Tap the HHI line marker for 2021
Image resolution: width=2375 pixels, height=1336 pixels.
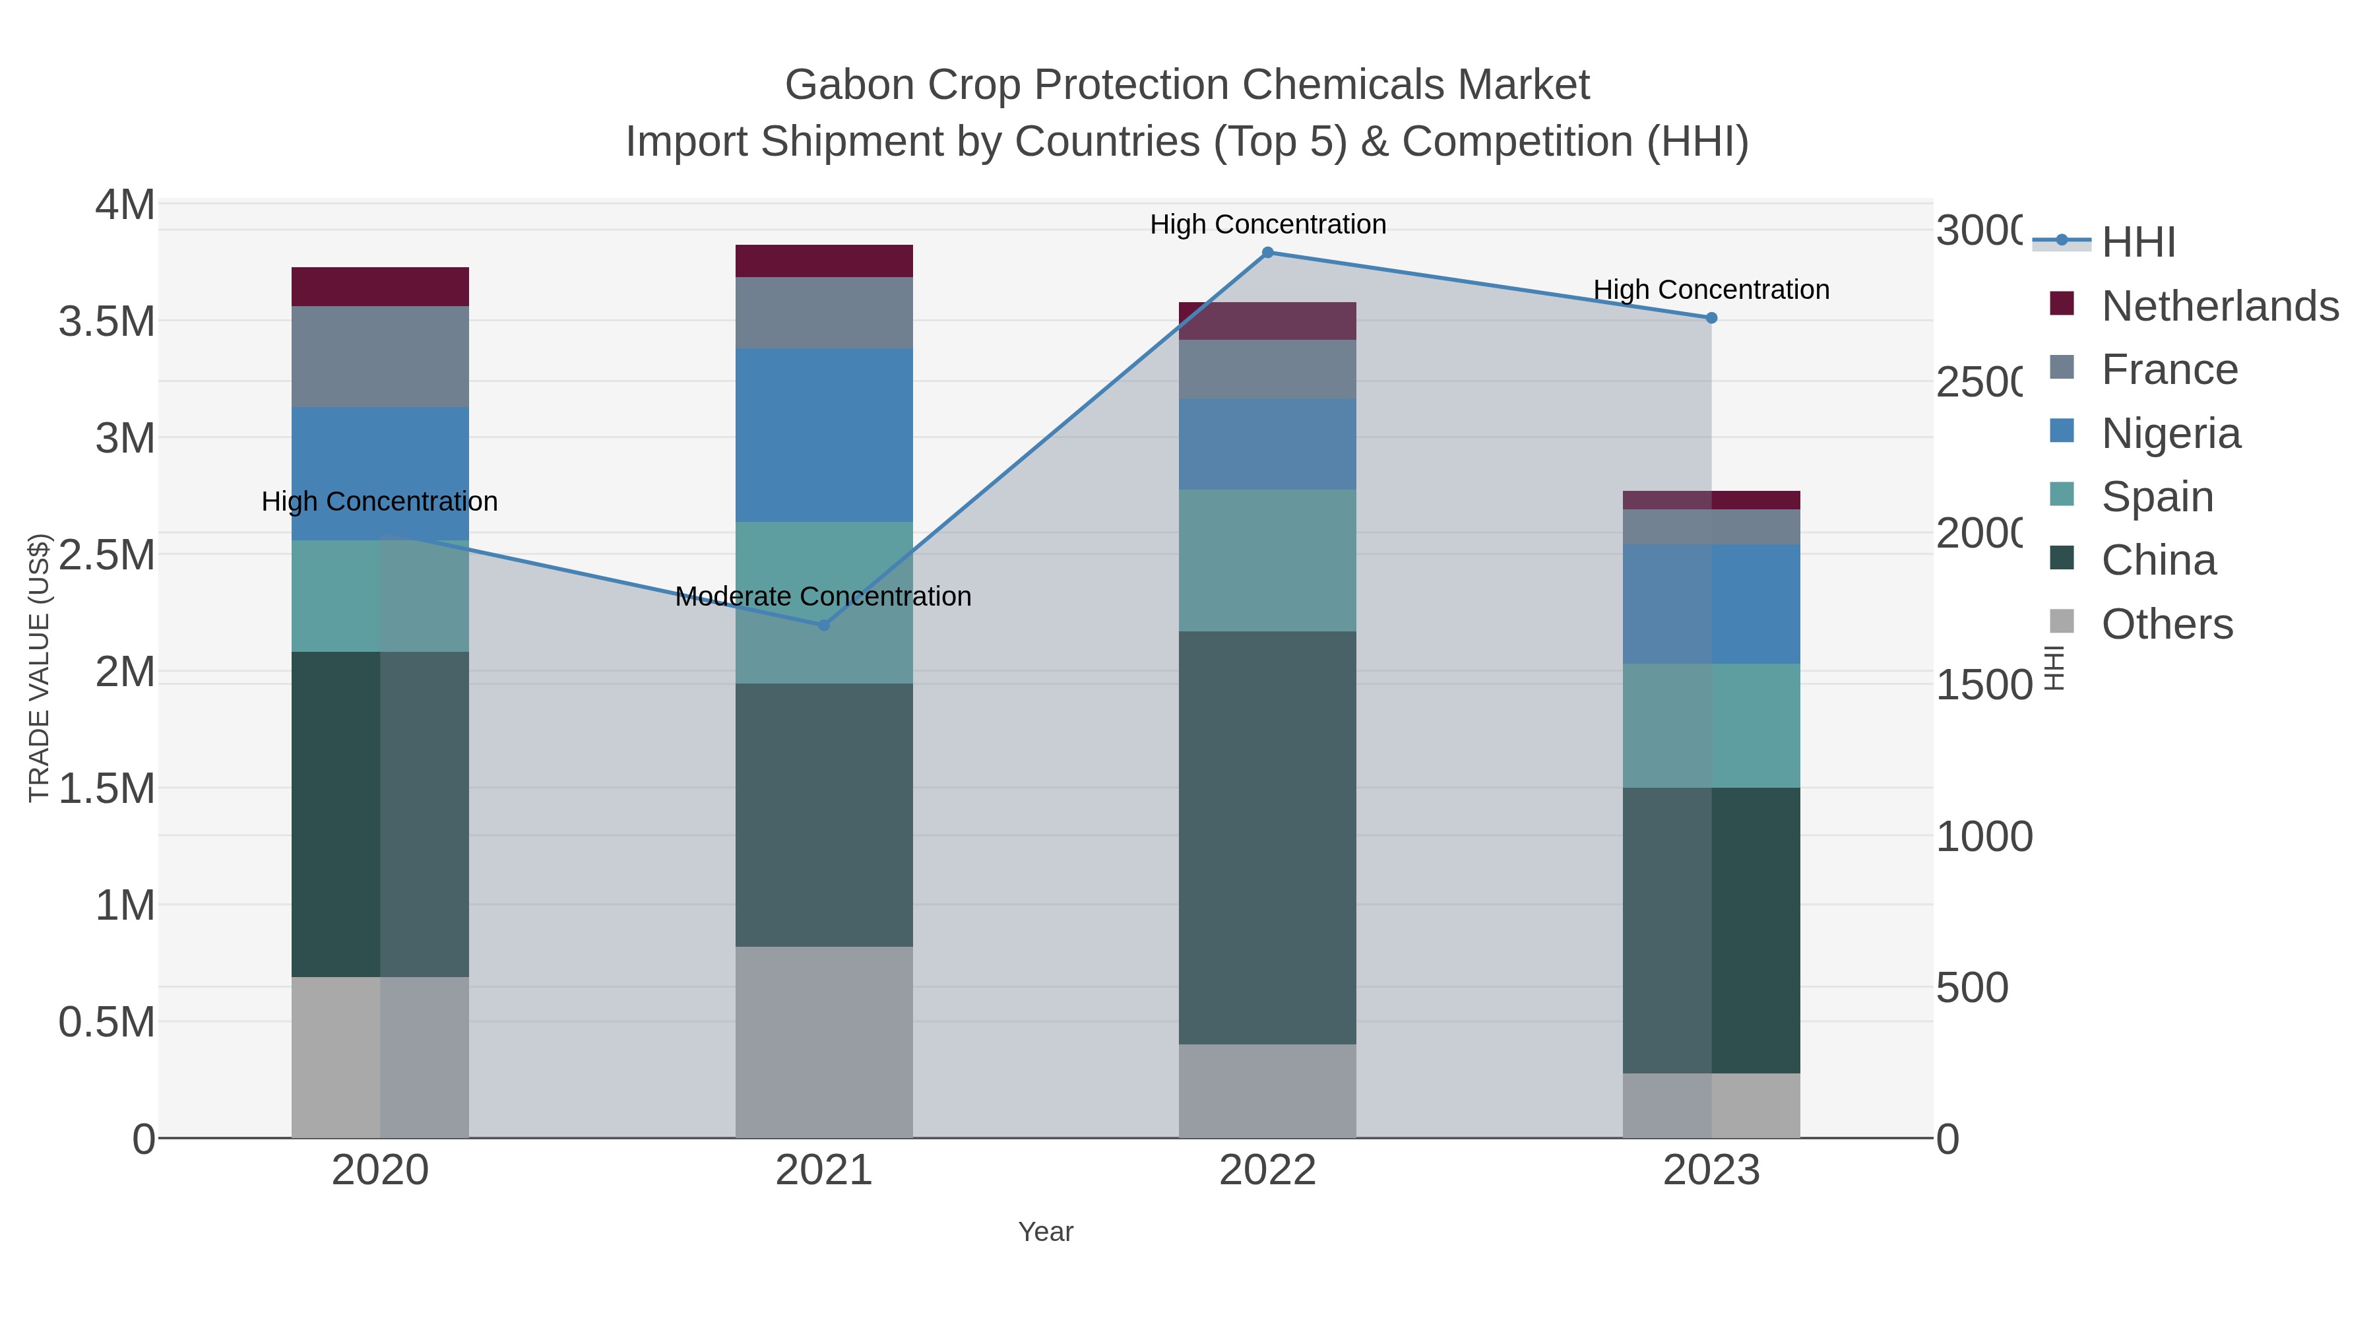(x=824, y=625)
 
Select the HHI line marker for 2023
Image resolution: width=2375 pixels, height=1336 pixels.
(x=1711, y=318)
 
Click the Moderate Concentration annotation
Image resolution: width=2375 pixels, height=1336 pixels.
(x=823, y=596)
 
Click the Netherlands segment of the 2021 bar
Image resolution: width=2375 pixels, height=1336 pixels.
(x=823, y=261)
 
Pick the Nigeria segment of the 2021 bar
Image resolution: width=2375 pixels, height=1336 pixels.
(x=823, y=435)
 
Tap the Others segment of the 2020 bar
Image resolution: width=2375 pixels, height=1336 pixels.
(x=380, y=1057)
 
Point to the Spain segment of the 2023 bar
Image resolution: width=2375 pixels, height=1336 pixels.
(x=1711, y=726)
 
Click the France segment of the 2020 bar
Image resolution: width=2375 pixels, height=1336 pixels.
(x=380, y=357)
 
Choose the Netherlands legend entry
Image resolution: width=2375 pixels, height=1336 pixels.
(x=2219, y=306)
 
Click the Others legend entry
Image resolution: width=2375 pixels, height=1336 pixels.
(x=2167, y=624)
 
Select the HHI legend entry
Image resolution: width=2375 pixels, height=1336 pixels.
(x=2138, y=243)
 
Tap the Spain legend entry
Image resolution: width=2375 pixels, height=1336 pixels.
(x=2157, y=497)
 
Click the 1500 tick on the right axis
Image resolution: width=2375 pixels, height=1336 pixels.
(x=1982, y=685)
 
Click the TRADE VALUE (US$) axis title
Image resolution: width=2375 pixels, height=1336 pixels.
(x=39, y=668)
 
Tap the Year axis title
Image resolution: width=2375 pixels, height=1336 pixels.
(x=1046, y=1232)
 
